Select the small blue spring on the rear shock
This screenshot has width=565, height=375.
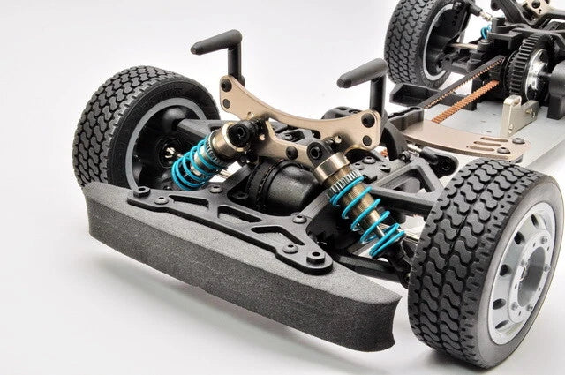point(485,33)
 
